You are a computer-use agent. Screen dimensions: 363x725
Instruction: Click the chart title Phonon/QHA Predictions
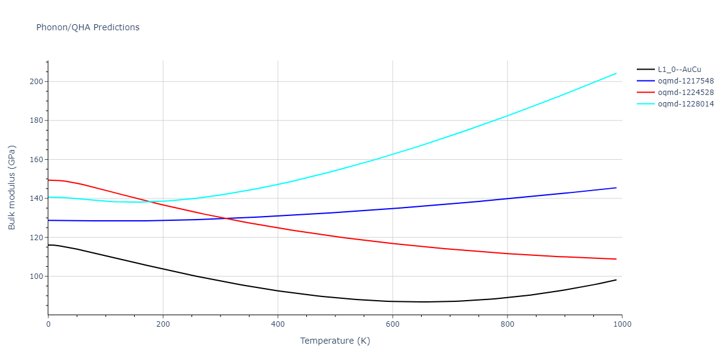coord(88,27)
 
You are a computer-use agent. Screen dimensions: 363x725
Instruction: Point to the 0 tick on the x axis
coord(48,324)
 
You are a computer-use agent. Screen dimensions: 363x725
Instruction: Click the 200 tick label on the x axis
coord(163,324)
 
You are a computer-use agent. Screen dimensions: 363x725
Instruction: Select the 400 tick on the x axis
coord(278,324)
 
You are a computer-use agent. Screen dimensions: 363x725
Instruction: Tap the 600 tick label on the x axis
coord(393,324)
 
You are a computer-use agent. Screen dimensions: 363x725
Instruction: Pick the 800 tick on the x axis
coord(507,324)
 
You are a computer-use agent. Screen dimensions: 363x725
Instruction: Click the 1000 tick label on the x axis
coord(622,324)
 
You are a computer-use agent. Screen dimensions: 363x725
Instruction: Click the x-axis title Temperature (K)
coord(335,341)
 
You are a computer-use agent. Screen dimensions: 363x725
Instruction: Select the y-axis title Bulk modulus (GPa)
coord(12,188)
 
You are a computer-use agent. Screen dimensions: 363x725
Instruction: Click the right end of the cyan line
coord(616,73)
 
